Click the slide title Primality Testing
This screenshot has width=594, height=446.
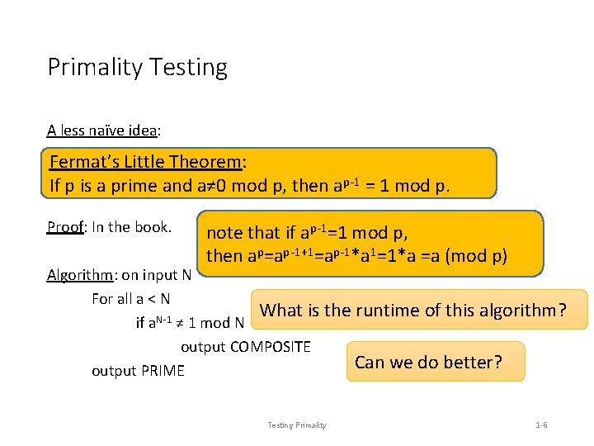(137, 67)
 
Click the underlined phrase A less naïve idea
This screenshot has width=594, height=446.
(103, 130)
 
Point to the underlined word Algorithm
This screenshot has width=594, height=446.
(78, 275)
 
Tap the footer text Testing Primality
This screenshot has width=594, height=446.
(297, 425)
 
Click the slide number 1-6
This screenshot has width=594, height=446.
(541, 425)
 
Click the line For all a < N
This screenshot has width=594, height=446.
(131, 299)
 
